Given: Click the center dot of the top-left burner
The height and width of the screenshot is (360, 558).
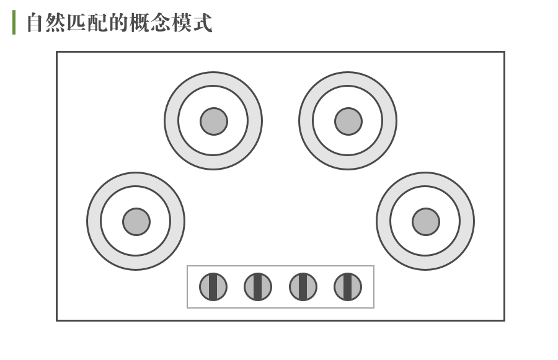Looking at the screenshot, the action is tap(213, 121).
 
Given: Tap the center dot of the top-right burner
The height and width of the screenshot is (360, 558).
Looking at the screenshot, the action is tap(348, 121).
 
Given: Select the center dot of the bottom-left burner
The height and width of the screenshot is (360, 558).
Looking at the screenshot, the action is tap(136, 221).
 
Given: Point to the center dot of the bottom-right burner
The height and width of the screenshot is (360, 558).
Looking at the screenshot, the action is tap(425, 221).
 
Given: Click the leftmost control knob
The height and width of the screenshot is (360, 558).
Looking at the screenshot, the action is tap(213, 287).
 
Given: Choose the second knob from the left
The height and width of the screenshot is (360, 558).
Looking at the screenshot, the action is tap(257, 287).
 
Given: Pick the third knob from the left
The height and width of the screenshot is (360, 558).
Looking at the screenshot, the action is tap(303, 287).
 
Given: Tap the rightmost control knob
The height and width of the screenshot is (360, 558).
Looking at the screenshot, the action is tap(347, 287).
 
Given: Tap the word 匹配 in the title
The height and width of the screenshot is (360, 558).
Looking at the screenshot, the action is tap(87, 23).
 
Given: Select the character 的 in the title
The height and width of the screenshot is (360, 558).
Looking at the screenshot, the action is tap(119, 23).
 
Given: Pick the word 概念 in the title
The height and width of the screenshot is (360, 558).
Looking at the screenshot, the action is tap(151, 23).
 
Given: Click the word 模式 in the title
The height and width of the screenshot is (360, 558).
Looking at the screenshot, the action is tap(192, 23).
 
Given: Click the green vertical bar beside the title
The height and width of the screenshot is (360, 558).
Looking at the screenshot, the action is tap(14, 22).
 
